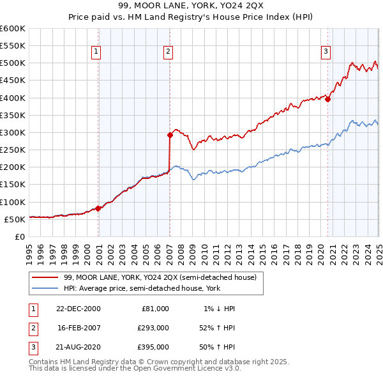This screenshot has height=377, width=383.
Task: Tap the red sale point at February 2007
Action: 170,135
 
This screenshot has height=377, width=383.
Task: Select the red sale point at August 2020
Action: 327,99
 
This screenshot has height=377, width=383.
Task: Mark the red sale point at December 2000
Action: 98,208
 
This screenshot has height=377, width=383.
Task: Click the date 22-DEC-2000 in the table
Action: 79,308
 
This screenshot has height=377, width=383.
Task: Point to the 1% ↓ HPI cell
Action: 219,308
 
